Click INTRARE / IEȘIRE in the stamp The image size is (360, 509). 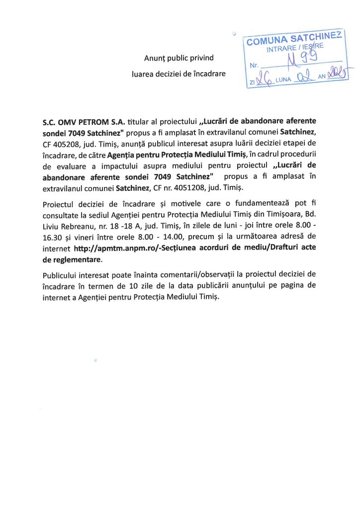pyautogui.click(x=295, y=49)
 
